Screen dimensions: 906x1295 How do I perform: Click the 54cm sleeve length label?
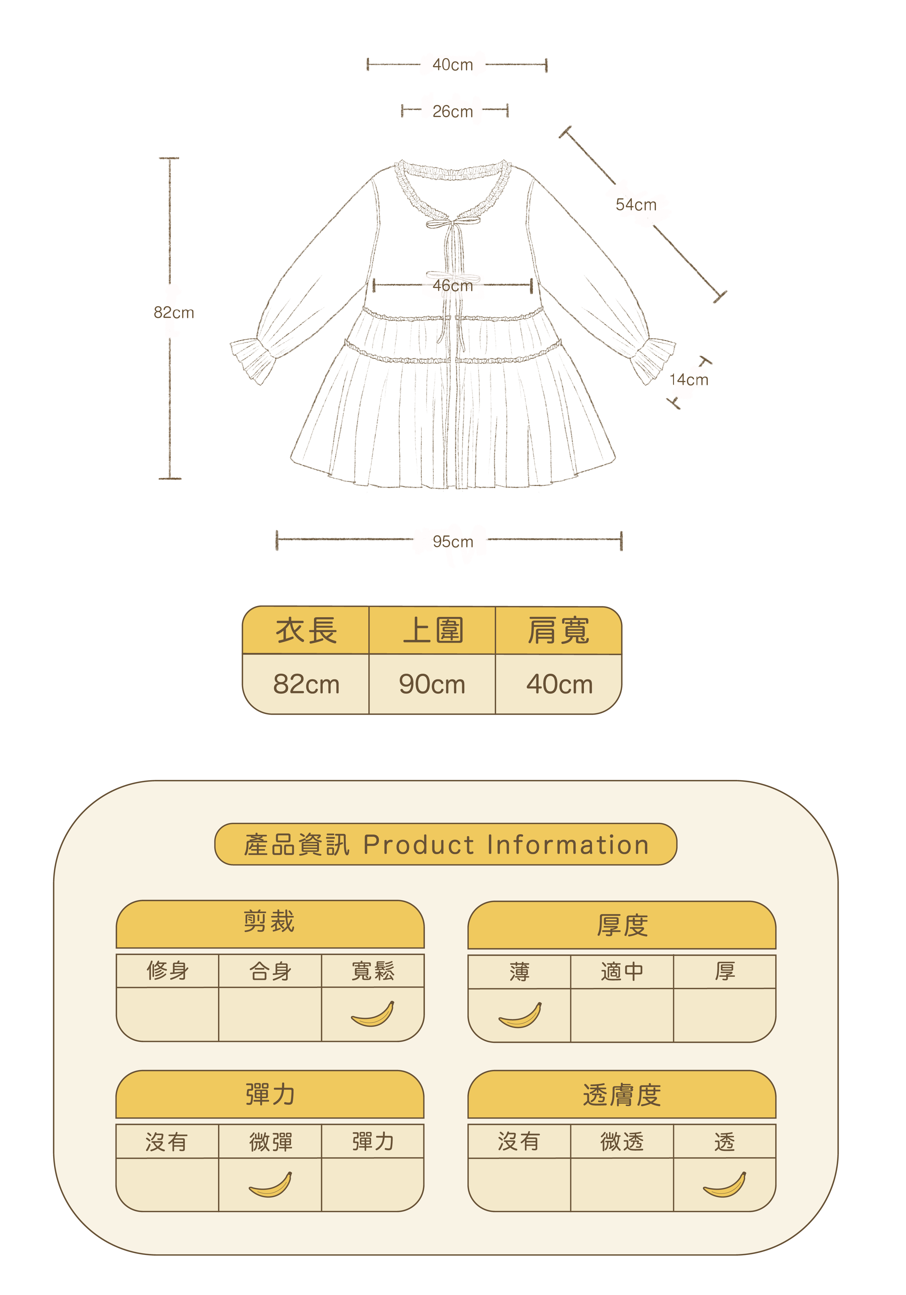[636, 205]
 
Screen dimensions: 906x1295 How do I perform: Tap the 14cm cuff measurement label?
[688, 380]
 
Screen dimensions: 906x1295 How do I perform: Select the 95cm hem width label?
[453, 541]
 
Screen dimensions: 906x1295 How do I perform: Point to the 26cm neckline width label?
[453, 112]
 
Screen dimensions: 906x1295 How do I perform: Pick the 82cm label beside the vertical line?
[174, 312]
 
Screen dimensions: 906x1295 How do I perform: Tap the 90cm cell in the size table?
[432, 684]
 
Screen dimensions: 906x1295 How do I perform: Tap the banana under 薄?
[520, 1015]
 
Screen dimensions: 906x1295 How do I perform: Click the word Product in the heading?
[419, 845]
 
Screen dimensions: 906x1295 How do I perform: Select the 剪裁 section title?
[269, 921]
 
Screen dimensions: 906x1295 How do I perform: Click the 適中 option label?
[622, 971]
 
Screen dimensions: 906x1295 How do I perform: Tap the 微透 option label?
[622, 1142]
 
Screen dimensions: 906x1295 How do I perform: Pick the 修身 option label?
[167, 971]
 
